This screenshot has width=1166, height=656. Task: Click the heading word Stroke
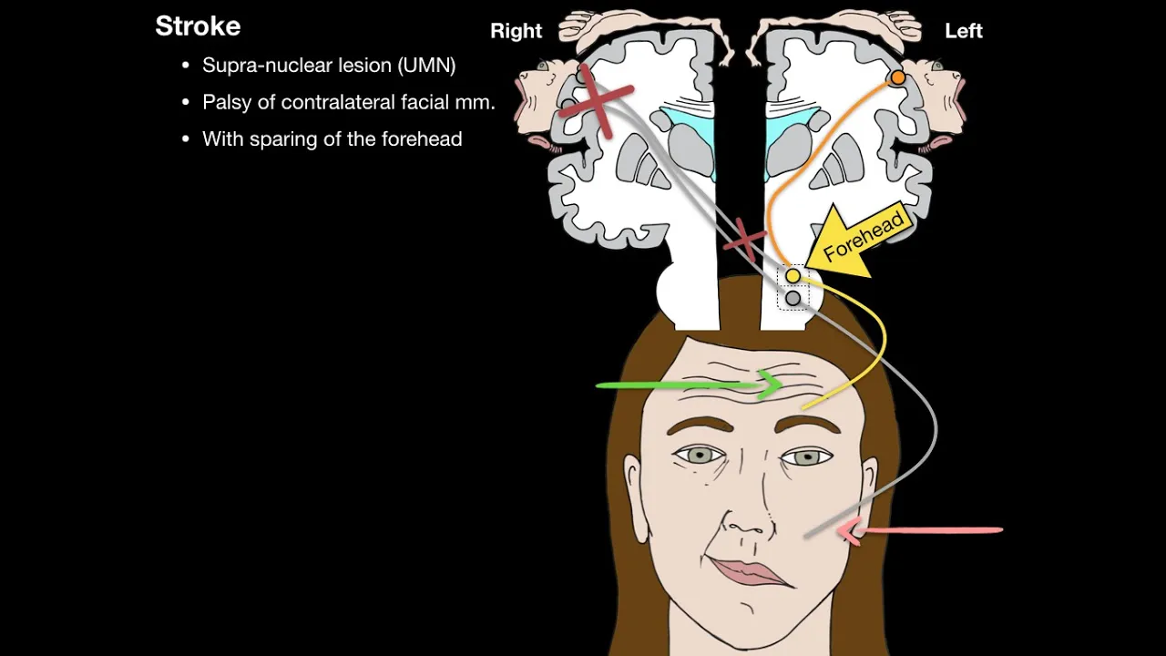point(198,26)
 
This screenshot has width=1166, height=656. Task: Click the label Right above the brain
point(516,31)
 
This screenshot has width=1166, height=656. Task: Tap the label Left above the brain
point(963,31)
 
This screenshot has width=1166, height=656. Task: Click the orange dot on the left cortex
point(897,77)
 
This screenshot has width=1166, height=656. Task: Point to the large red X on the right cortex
point(597,100)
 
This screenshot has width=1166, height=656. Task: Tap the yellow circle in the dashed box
point(793,276)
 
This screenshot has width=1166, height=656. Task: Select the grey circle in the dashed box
point(793,298)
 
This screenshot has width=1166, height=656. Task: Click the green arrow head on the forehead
point(770,384)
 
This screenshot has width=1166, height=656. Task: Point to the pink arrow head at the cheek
point(850,530)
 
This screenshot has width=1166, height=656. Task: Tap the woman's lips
point(749,573)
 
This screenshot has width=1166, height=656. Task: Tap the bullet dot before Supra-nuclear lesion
point(186,66)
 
